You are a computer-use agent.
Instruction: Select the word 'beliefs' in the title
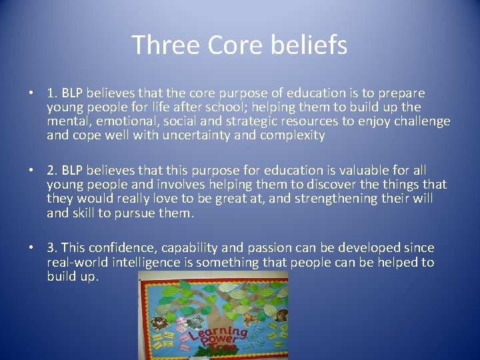[312, 45]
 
